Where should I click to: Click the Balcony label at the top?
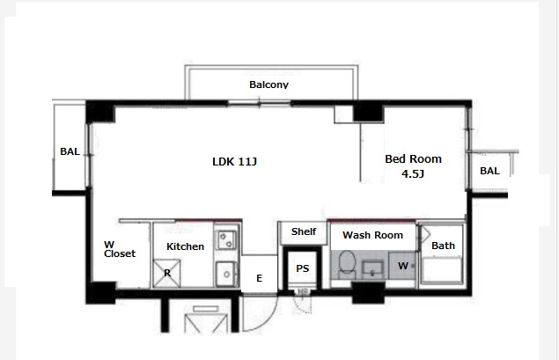point(268,84)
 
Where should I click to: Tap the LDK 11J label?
point(234,162)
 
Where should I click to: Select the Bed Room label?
point(413,159)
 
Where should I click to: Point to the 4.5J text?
point(413,174)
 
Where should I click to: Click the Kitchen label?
point(185,246)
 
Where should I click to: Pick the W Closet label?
point(120,249)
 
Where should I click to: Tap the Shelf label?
point(304,231)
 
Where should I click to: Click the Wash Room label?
point(372,235)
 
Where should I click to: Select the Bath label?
point(443,246)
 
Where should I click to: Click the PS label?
point(302,268)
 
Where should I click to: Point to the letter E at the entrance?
point(259,278)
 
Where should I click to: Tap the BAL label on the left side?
point(70,151)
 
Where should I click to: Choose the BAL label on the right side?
point(489,171)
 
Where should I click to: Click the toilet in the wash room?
point(347,264)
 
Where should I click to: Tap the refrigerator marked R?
point(167,273)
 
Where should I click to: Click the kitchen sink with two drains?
point(226,239)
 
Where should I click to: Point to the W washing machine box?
point(402,265)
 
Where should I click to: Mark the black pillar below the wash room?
point(368,292)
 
